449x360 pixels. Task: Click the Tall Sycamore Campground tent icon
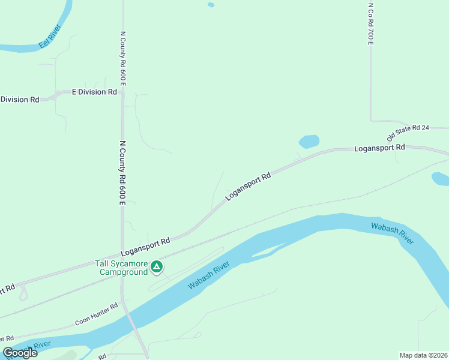pos(157,266)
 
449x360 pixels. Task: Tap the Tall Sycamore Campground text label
pos(122,268)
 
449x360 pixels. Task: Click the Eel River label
pos(49,37)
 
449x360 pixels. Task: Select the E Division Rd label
pos(94,92)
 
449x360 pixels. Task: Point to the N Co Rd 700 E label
pos(371,23)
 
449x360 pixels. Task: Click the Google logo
pos(20,353)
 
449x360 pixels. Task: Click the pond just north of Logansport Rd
pos(309,142)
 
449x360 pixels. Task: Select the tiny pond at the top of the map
pos(211,5)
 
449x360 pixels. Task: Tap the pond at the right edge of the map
pos(440,178)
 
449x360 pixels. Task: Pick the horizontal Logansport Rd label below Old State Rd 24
pos(379,148)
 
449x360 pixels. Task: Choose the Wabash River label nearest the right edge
pos(393,232)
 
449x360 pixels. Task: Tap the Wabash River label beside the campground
pos(209,275)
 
